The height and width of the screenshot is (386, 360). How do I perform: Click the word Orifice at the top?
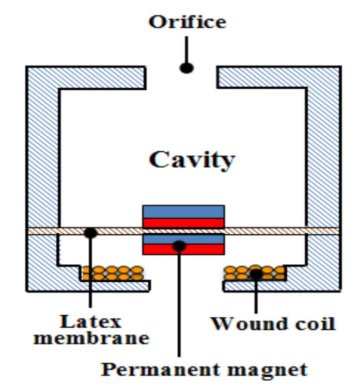pyautogui.click(x=187, y=22)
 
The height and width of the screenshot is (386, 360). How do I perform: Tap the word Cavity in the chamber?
pyautogui.click(x=192, y=160)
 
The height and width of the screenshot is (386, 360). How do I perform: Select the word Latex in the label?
pyautogui.click(x=91, y=322)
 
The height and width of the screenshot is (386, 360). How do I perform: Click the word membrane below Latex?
pyautogui.click(x=91, y=339)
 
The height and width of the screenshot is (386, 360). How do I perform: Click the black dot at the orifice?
pyautogui.click(x=186, y=68)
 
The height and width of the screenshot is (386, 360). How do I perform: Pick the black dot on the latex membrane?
pyautogui.click(x=91, y=233)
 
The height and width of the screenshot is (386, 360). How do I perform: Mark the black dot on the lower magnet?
pyautogui.click(x=179, y=246)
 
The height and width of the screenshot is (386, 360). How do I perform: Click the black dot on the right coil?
pyautogui.click(x=256, y=273)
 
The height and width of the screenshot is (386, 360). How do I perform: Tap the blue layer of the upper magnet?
pyautogui.click(x=183, y=212)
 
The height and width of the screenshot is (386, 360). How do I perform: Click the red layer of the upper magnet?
pyautogui.click(x=183, y=223)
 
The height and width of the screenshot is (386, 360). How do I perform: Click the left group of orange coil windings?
pyautogui.click(x=113, y=273)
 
